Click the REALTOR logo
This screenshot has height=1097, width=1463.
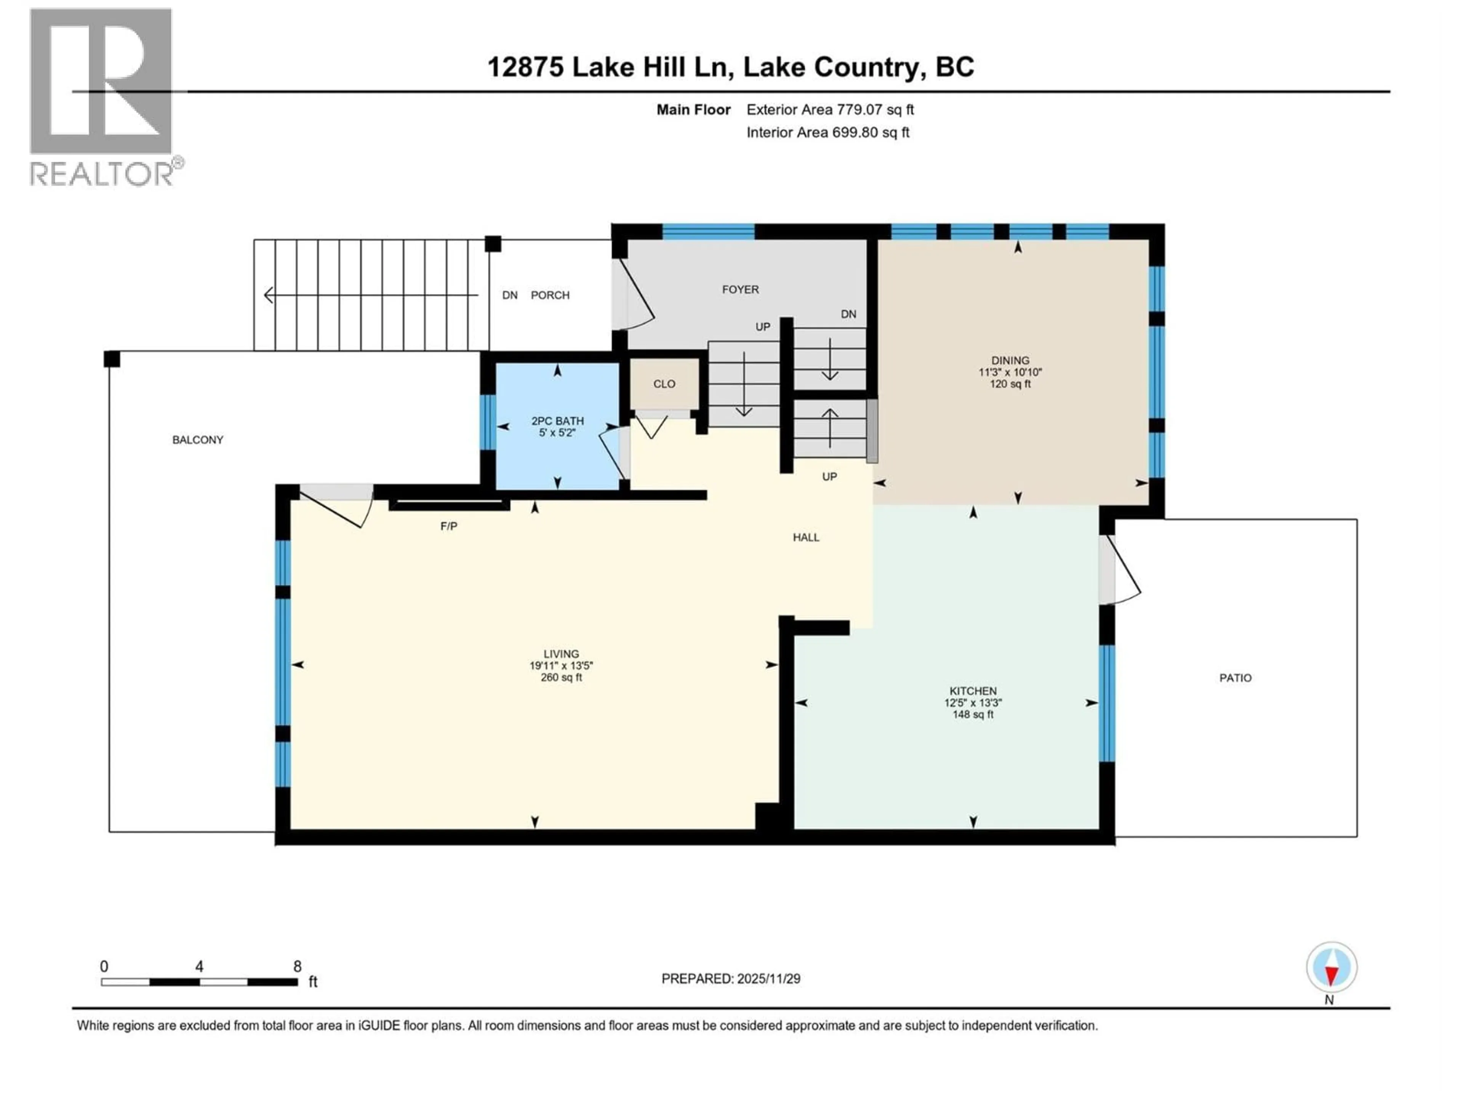[x=102, y=96]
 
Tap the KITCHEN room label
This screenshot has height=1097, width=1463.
[x=972, y=691]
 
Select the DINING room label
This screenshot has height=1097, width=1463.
[x=1010, y=360]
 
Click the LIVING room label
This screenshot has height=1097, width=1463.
[x=561, y=654]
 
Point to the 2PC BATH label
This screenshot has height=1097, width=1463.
[x=557, y=421]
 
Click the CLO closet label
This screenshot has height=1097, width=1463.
[x=664, y=384]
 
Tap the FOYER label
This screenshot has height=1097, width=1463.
[x=740, y=289]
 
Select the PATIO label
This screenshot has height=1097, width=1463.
[x=1235, y=678]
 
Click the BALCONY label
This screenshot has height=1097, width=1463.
[x=198, y=440]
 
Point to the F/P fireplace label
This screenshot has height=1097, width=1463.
[x=448, y=526]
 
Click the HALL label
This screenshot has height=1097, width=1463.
[x=805, y=537]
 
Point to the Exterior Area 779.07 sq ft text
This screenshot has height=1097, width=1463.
[x=830, y=110]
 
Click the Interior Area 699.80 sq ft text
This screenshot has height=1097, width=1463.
[x=828, y=132]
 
